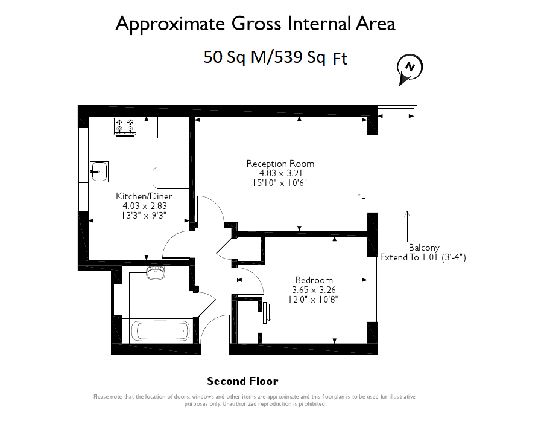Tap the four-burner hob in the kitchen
point(125,126)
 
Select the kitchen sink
point(99,172)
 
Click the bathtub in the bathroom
point(160,330)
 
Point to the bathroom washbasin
point(156,273)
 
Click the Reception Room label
point(280,164)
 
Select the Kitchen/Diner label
point(144,196)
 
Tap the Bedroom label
point(314,280)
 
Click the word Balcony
point(424,248)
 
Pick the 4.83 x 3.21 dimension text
point(280,173)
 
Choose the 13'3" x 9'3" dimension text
point(144,216)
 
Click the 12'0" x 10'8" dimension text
point(313,300)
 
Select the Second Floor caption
point(242,381)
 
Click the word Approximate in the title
point(170,25)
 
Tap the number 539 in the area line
point(288,57)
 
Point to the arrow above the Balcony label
point(407,226)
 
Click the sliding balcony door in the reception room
point(363,161)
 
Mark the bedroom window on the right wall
point(372,290)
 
